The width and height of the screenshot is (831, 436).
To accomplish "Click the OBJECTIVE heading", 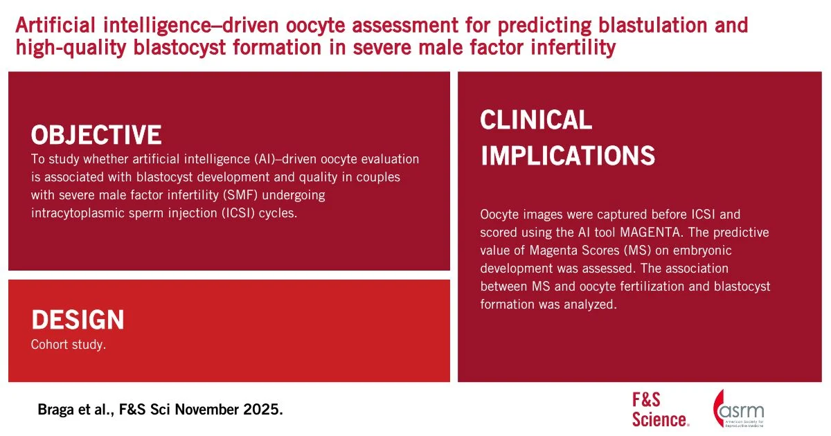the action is coord(96,134).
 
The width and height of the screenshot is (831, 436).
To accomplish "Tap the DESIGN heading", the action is coord(78,320).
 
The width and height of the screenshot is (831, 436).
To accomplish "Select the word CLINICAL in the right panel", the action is coord(536,120).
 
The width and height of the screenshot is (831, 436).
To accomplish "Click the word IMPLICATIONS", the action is coord(568,155).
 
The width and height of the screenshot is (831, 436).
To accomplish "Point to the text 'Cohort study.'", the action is coord(69,345).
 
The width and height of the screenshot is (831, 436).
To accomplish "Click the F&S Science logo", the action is coord(661,410).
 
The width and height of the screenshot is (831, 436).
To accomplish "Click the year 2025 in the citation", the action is coord(263,409).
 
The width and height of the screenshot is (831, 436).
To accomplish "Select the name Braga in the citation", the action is coord(56,410).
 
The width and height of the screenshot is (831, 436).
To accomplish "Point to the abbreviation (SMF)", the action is coord(240,195).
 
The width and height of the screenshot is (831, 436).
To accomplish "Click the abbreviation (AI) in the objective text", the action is coord(265,159).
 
